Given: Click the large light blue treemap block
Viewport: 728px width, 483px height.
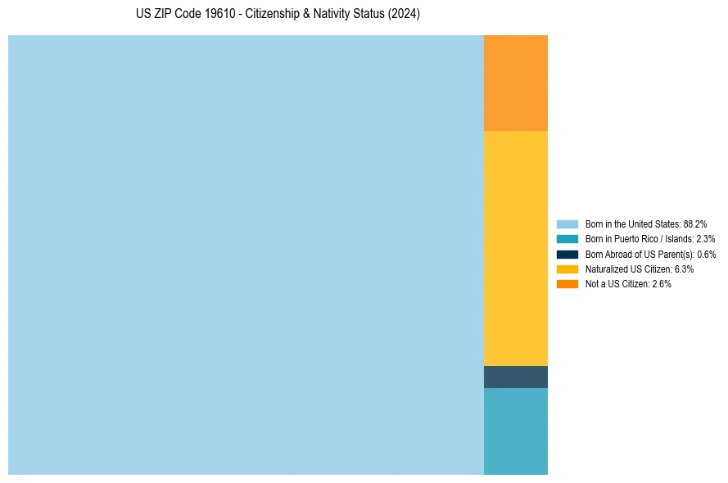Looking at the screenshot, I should coord(246,255).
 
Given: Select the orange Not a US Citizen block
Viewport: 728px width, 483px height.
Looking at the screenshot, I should coord(516,83).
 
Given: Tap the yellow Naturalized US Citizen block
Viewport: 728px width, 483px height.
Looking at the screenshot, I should coord(516,248).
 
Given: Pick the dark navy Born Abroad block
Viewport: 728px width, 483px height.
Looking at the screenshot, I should coord(516,377).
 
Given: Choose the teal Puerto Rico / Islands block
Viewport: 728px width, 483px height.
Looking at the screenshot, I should coord(516,431).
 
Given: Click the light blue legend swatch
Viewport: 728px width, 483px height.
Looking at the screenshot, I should coord(567,223).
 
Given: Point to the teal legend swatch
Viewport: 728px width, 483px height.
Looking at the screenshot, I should coord(567,239).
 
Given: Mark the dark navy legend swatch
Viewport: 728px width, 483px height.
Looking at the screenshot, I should coord(567,254).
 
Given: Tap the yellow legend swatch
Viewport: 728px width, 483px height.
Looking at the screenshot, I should coord(567,269).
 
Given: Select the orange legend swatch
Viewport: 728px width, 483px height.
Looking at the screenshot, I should coord(567,284).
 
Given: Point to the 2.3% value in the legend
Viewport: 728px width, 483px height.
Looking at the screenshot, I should coord(705,239).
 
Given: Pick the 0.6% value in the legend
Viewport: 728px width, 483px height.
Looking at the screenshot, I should coord(707,254).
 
